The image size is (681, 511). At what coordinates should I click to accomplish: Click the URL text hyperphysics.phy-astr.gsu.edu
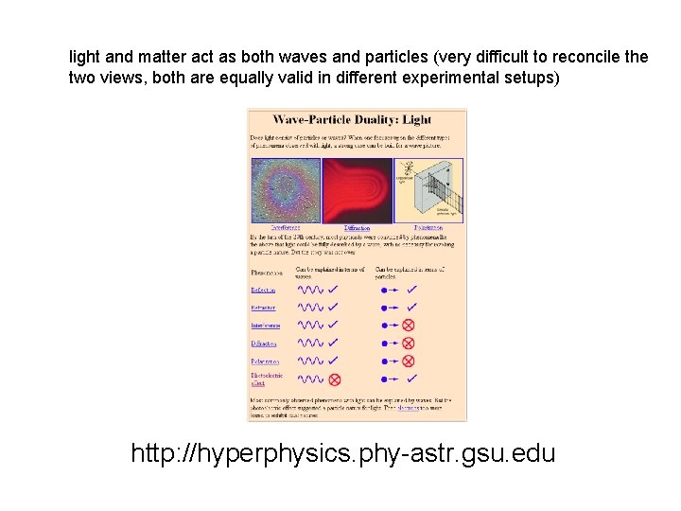pos(343,454)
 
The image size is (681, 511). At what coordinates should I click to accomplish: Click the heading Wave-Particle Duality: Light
pos(352,120)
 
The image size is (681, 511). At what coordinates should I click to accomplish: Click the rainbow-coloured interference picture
pos(285,189)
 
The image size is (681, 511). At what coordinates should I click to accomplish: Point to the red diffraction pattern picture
pos(358,189)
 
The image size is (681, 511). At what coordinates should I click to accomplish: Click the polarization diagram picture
pos(428,189)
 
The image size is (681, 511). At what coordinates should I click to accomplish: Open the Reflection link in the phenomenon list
pos(263,290)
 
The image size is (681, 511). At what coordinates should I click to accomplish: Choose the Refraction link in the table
pos(263,308)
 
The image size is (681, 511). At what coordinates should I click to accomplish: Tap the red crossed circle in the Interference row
pos(409,325)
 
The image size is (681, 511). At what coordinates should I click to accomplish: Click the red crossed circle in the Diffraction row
pos(409,343)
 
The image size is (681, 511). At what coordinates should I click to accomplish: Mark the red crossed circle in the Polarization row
pos(409,361)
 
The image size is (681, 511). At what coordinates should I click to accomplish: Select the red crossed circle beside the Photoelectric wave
pos(334,379)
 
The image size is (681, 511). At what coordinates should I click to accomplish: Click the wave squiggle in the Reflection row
pos(309,290)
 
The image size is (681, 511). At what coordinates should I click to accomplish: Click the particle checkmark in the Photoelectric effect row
pos(410,379)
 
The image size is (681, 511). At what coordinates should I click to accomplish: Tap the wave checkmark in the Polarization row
pos(334,361)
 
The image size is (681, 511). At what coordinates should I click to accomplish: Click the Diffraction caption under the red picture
pos(358,228)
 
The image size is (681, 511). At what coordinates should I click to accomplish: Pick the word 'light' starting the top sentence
pos(82,57)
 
